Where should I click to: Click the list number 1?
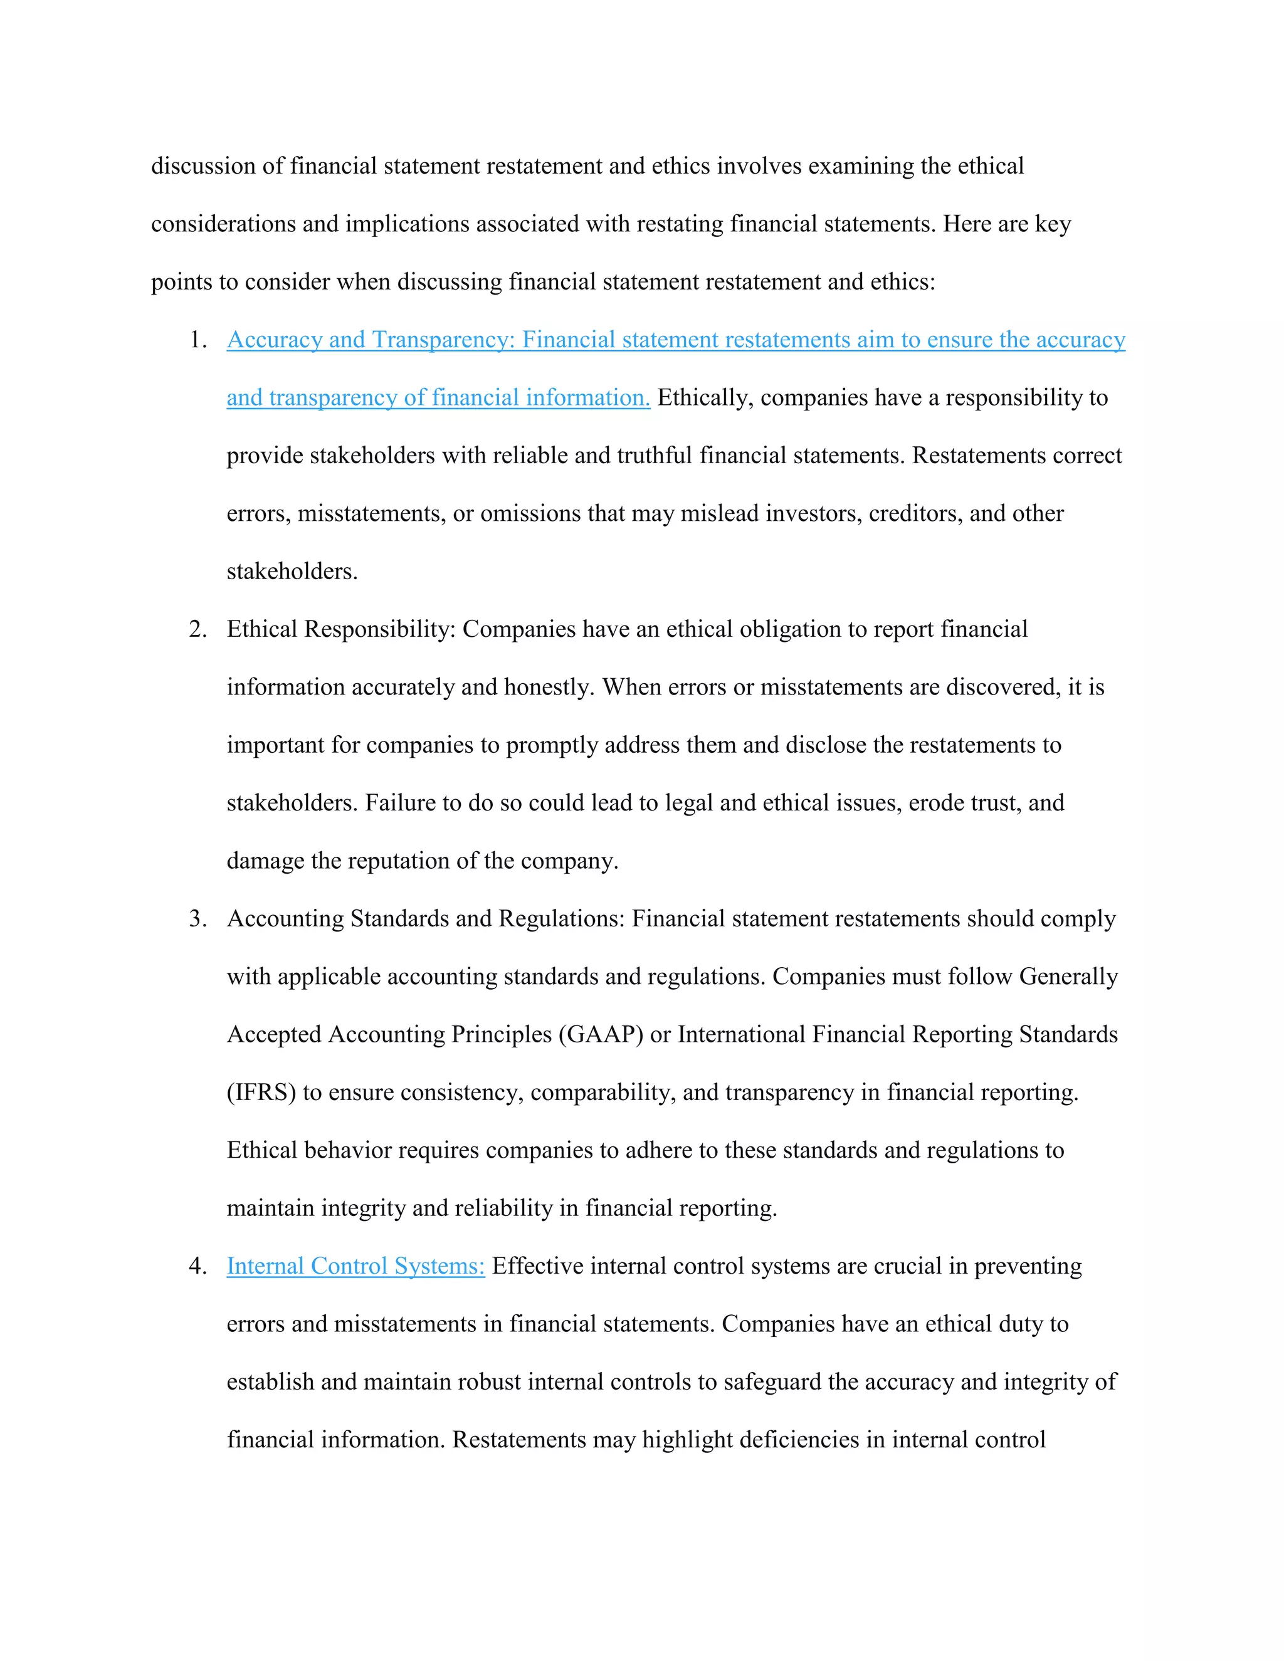197,340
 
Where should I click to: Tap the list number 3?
197,919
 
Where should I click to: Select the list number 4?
197,1266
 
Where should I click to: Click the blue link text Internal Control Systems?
355,1266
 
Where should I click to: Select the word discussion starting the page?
203,166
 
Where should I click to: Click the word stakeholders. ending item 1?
292,572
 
